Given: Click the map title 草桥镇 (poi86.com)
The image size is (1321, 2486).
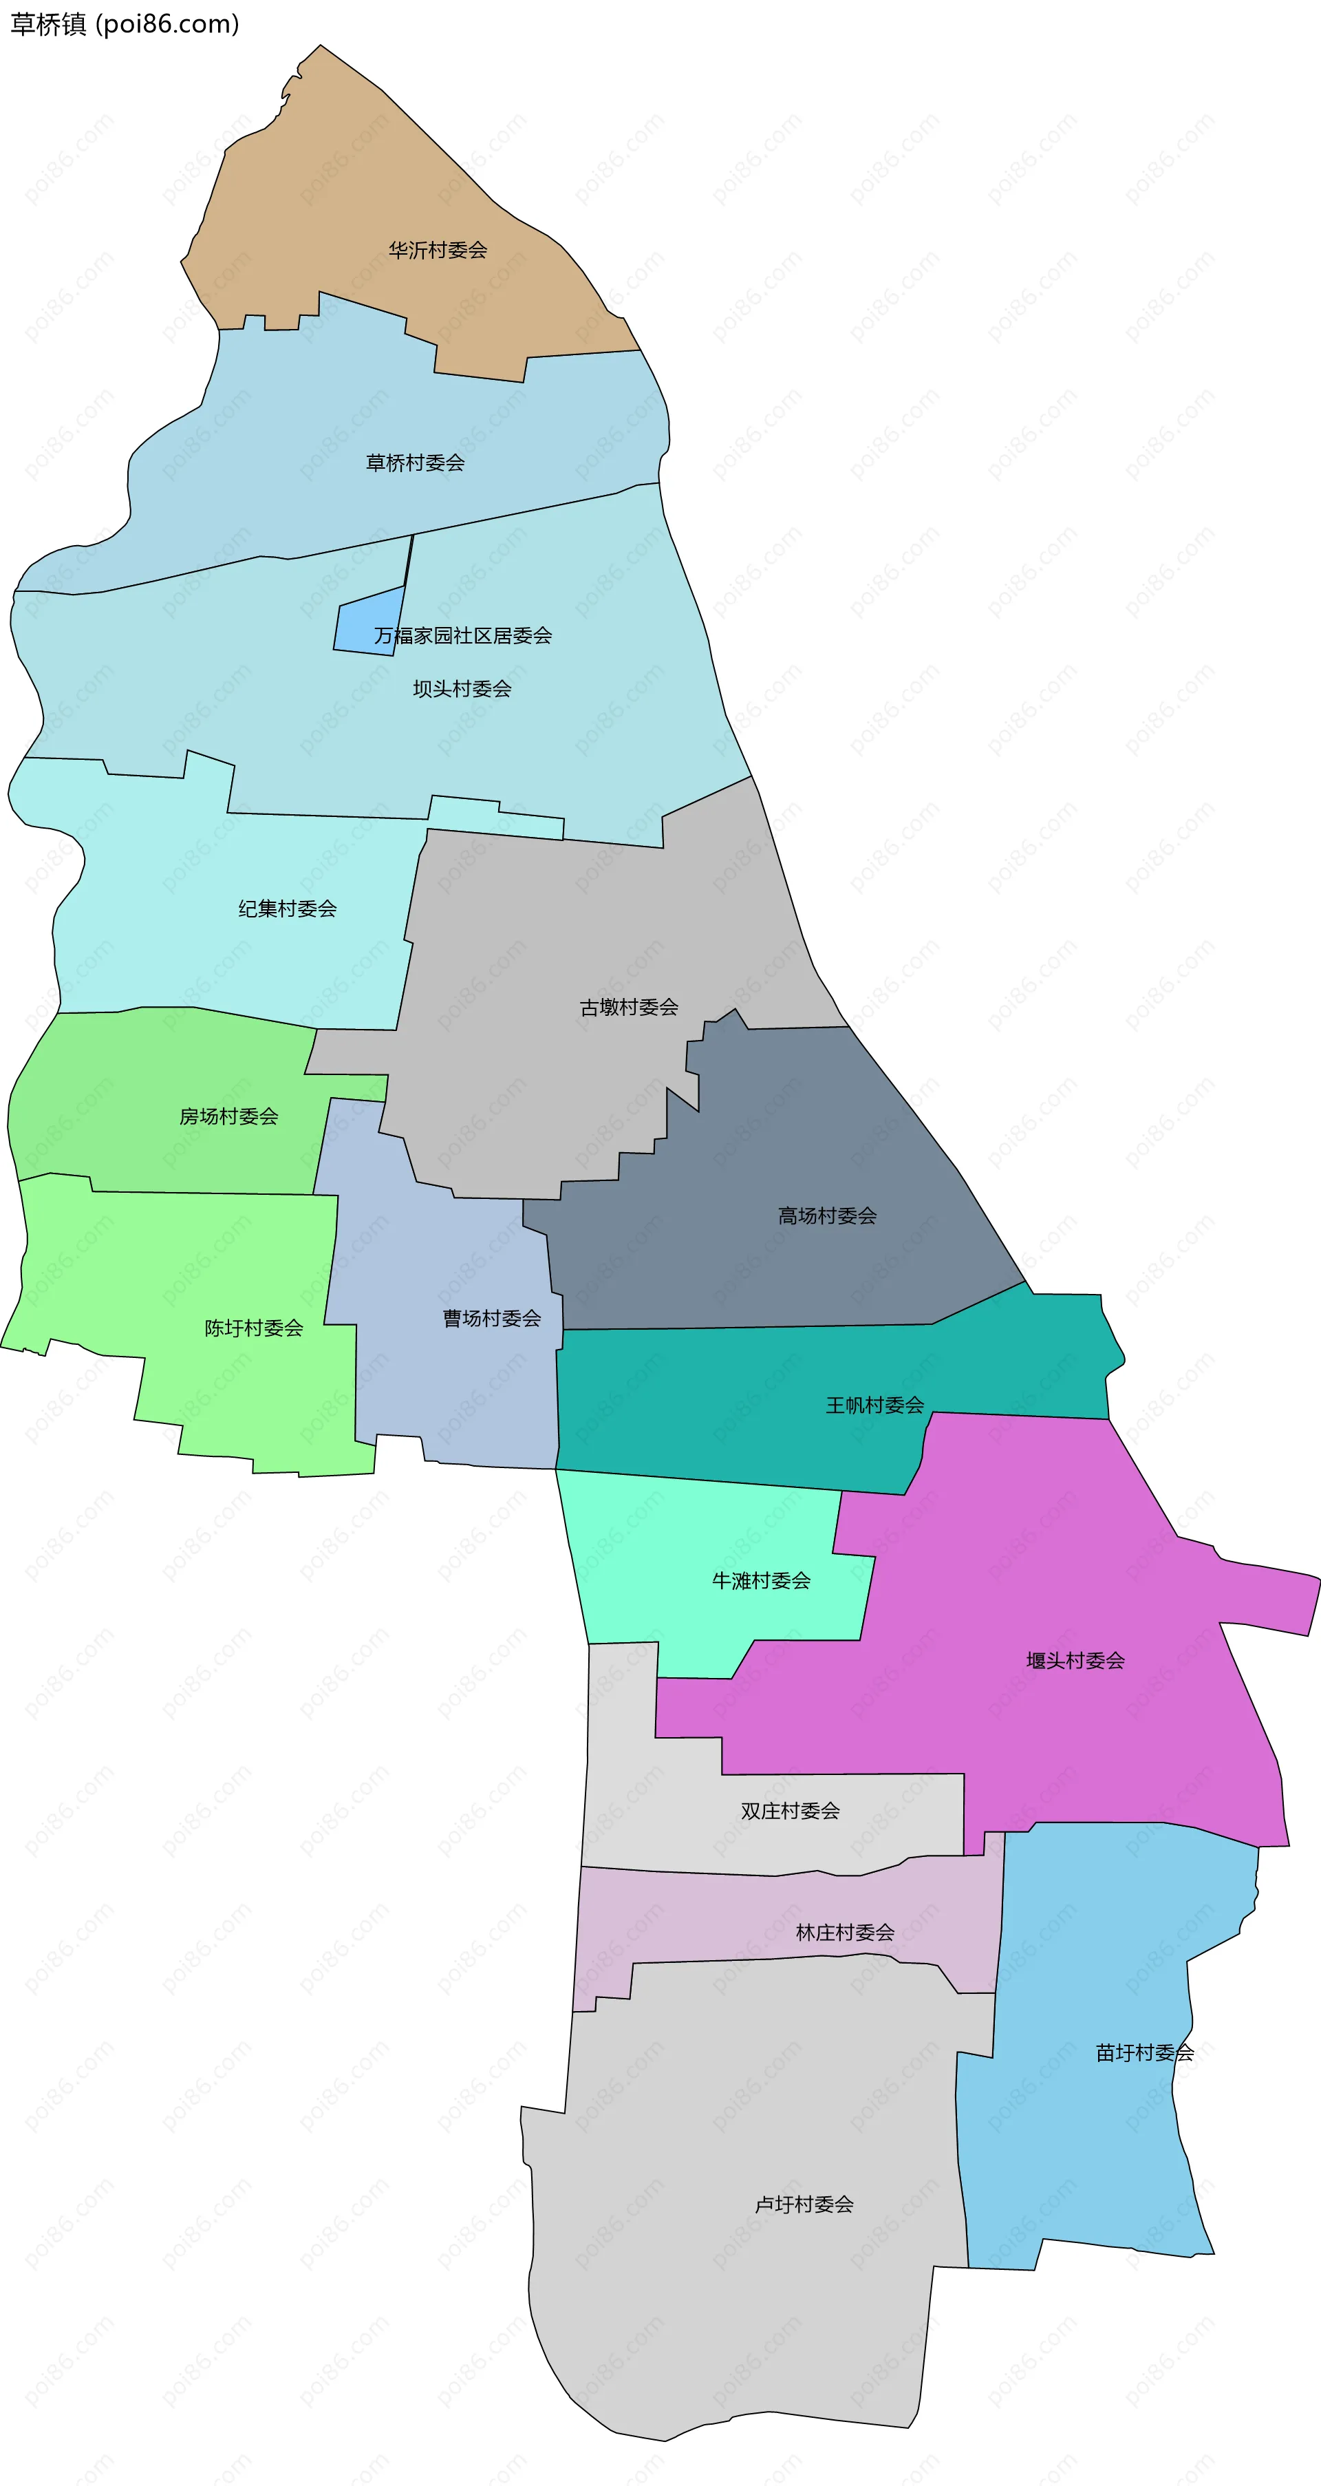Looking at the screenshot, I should point(125,24).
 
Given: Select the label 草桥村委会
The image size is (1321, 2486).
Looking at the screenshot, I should point(415,463).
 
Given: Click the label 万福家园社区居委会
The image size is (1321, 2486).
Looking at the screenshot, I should point(463,636).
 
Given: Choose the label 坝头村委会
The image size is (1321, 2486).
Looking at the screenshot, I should point(462,689).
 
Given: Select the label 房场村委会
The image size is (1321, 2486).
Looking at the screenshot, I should point(228,1116).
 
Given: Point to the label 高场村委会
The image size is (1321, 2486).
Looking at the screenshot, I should point(828,1217).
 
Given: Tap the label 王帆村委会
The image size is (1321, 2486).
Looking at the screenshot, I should point(875,1406).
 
